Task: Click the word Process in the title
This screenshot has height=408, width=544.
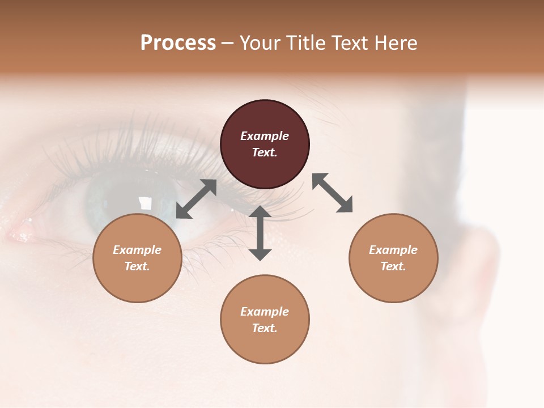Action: click(178, 43)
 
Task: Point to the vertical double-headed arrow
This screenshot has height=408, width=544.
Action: click(260, 233)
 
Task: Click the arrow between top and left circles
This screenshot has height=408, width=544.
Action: click(197, 199)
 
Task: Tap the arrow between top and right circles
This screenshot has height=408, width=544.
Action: click(333, 193)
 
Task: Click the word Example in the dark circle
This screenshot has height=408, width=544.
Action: click(265, 136)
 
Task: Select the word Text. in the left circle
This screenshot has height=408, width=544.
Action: click(137, 266)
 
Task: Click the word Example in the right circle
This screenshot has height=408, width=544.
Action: click(393, 250)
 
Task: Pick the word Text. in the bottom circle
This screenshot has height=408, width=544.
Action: click(265, 328)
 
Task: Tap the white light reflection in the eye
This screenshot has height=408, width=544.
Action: click(146, 203)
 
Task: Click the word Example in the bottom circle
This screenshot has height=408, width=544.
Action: click(265, 312)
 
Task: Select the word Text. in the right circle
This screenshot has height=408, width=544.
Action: click(393, 266)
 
